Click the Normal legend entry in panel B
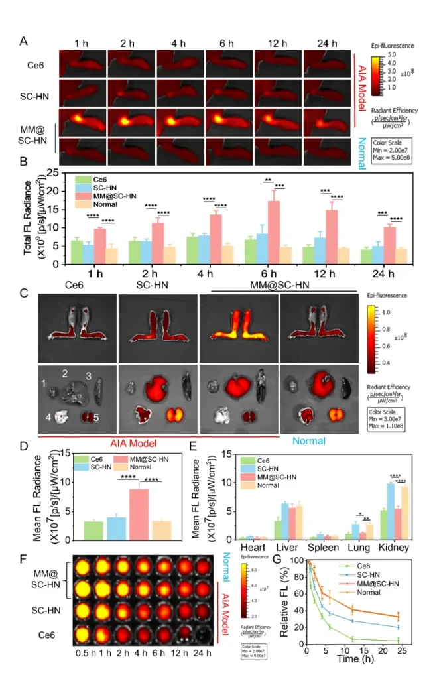103,204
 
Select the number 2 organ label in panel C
65,373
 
